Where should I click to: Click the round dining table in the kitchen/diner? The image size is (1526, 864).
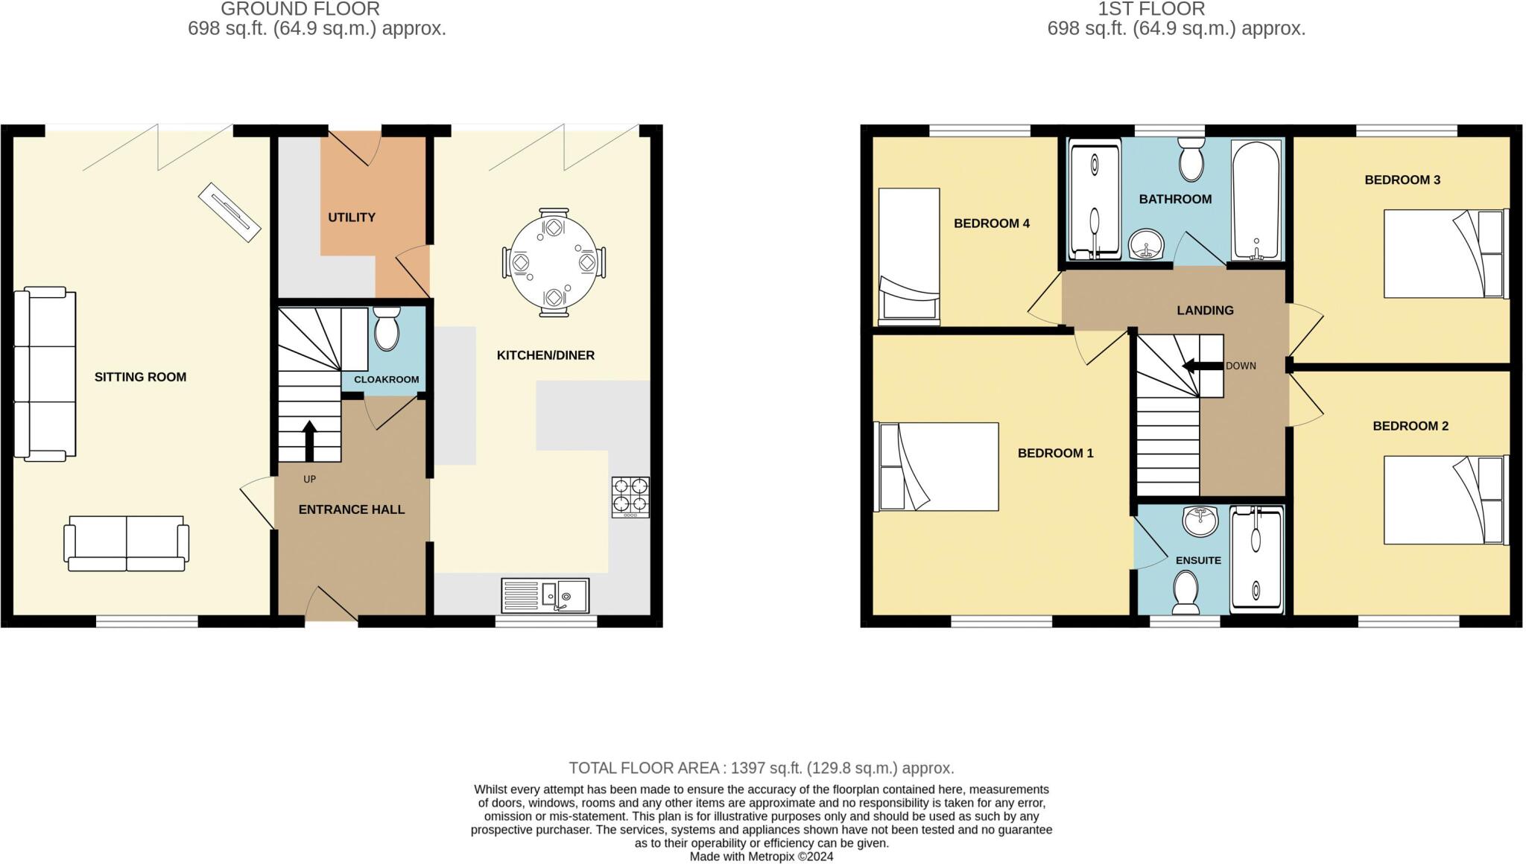[553, 262]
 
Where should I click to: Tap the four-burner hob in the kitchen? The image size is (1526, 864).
[630, 497]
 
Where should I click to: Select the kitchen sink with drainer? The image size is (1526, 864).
[545, 594]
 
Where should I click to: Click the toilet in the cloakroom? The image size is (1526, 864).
[386, 329]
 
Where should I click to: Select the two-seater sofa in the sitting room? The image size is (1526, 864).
[126, 543]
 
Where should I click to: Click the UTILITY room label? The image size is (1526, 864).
[352, 217]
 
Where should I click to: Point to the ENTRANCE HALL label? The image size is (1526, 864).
[352, 509]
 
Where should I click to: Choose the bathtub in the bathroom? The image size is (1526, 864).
[1256, 200]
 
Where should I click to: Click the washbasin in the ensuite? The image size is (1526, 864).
[1200, 521]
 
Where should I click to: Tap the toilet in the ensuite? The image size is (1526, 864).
[1185, 592]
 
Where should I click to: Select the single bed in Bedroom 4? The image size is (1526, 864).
[908, 256]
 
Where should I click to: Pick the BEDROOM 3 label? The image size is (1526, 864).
[1402, 180]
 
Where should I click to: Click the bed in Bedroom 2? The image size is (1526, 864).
[1444, 500]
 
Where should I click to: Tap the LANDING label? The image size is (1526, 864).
[1205, 311]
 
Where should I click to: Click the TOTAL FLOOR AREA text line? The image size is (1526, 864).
[761, 768]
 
